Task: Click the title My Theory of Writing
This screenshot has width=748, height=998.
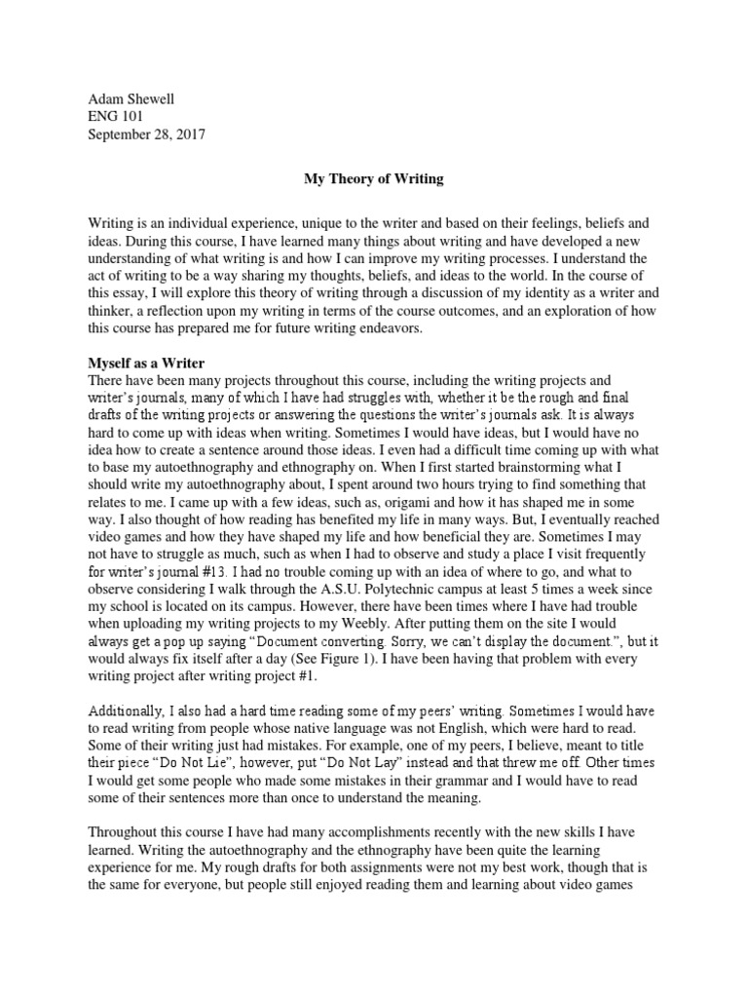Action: click(x=373, y=179)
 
